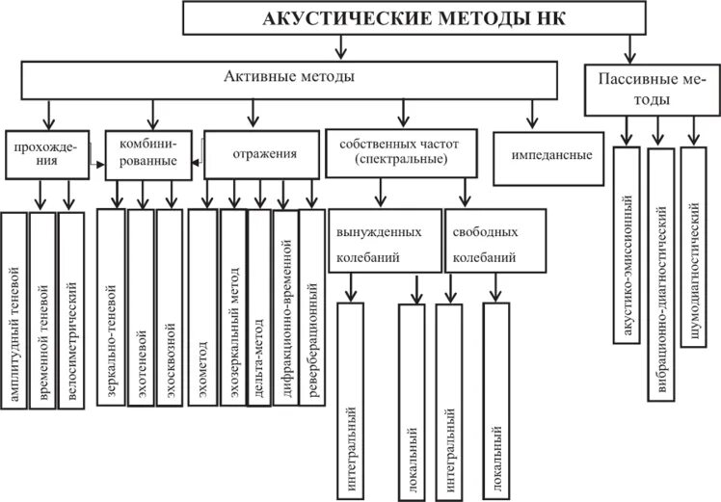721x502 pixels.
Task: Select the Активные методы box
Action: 288,79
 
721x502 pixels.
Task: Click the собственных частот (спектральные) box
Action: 400,151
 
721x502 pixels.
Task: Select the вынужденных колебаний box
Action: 383,244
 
